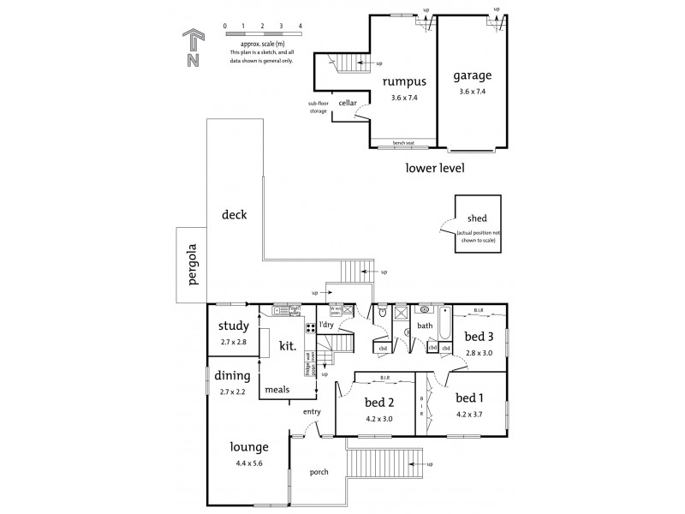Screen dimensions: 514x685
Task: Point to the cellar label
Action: (x=348, y=102)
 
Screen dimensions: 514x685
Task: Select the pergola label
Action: (x=193, y=265)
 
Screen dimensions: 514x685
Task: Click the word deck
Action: (x=233, y=215)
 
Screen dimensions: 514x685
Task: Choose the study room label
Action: (x=233, y=326)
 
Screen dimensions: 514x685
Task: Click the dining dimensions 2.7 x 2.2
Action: (x=233, y=391)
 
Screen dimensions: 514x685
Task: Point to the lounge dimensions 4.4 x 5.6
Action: (x=248, y=464)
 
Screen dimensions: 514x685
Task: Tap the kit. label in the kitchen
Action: (x=288, y=346)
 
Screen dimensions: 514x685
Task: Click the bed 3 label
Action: (x=479, y=336)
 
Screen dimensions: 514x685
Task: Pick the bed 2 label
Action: (x=378, y=403)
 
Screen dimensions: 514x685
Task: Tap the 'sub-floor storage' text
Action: (x=318, y=107)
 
